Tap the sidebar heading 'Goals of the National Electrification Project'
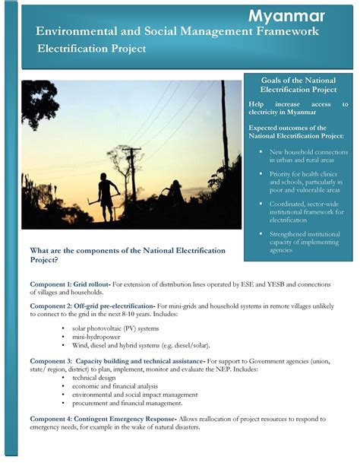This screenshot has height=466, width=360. [298, 85]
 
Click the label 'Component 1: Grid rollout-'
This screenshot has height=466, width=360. [71, 284]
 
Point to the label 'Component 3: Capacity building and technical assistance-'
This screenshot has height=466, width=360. [118, 360]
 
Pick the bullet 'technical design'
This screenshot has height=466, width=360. [93, 377]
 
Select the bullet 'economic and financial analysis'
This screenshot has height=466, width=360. [115, 386]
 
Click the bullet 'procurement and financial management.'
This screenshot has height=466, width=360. [124, 404]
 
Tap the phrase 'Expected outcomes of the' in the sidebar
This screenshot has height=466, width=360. [287, 128]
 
